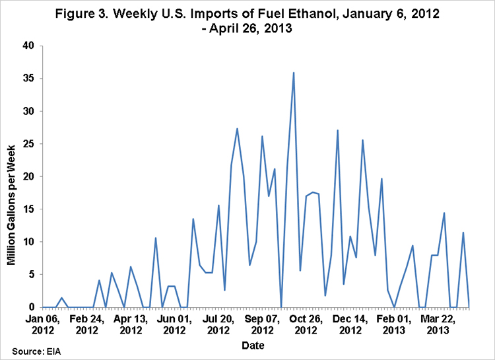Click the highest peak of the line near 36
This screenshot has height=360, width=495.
(294, 73)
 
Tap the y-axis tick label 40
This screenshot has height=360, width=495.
(28, 46)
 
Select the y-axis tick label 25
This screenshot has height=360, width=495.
(28, 144)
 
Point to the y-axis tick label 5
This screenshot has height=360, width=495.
(31, 274)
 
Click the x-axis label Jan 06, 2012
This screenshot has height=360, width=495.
(43, 324)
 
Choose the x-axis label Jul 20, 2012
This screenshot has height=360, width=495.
(218, 324)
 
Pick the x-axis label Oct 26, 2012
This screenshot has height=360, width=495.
(306, 324)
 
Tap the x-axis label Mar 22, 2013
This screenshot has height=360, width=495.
(438, 324)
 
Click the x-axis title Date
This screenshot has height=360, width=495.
(253, 345)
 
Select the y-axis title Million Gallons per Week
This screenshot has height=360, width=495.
(11, 205)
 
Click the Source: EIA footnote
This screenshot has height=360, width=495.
(36, 351)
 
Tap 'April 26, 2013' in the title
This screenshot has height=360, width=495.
(251, 28)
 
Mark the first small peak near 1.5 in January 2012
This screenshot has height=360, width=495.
(62, 298)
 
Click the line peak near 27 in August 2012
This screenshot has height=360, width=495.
(237, 129)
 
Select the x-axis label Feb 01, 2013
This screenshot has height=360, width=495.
(393, 324)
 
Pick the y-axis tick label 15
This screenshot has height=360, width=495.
(28, 209)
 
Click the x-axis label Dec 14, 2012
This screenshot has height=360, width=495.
(350, 324)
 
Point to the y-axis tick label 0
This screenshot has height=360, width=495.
(31, 307)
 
